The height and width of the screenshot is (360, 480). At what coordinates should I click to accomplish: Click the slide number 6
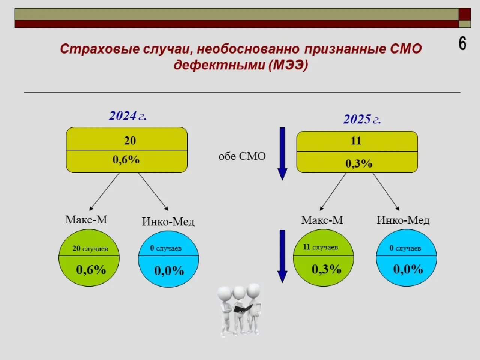[x=462, y=43]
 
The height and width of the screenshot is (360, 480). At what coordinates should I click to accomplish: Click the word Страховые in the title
[x=100, y=49]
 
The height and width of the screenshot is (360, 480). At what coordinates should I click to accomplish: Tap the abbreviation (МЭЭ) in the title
[x=288, y=65]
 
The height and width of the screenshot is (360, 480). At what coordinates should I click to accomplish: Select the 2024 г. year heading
[x=128, y=115]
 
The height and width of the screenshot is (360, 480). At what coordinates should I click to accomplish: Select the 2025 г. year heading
[x=362, y=119]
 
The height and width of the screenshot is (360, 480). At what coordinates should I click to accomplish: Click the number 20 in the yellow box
[x=130, y=141]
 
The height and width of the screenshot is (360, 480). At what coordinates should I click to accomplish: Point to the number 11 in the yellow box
[x=356, y=141]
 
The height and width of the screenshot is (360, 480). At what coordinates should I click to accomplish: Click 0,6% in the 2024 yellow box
[x=126, y=160]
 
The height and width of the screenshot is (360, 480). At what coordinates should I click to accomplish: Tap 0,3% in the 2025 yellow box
[x=359, y=163]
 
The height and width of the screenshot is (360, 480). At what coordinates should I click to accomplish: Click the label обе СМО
[x=242, y=156]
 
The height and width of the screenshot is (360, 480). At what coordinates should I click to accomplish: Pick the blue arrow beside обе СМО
[x=282, y=154]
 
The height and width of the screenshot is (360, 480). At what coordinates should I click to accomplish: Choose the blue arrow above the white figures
[x=282, y=256]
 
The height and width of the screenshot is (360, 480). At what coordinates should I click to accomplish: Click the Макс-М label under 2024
[x=86, y=220]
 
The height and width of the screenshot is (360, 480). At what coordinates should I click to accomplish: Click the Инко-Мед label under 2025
[x=403, y=220]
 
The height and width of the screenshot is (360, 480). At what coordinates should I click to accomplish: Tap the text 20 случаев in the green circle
[x=90, y=249]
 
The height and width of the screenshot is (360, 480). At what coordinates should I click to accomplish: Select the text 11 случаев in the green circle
[x=320, y=247]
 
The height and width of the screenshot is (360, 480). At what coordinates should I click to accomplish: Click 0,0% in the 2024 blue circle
[x=169, y=271]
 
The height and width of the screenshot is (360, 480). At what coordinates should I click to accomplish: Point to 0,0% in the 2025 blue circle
[x=408, y=269]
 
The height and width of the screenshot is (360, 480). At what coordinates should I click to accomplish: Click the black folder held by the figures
[x=243, y=308]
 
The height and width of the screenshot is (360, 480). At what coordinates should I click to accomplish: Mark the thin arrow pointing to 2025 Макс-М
[x=333, y=192]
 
